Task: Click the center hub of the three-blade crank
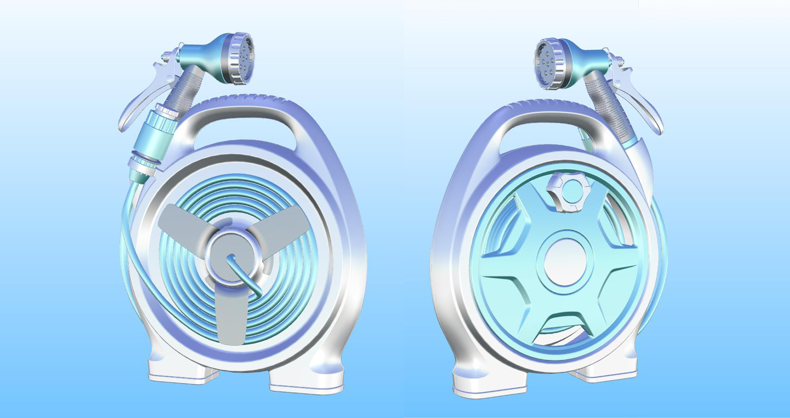tap(233, 257)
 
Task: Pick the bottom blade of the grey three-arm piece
tap(230, 316)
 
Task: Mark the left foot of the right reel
tap(490, 384)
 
